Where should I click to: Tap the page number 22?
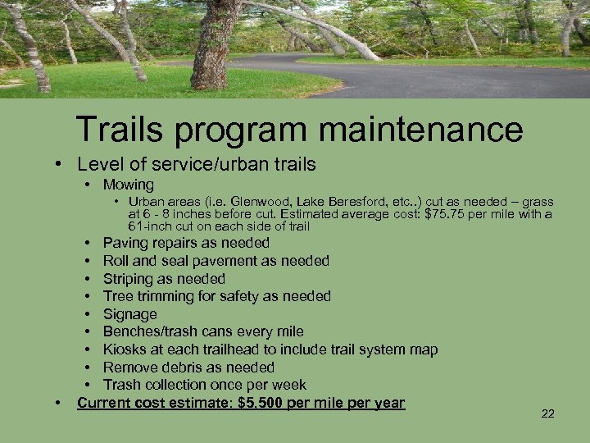548,413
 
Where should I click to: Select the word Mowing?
129,185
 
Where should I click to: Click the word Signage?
129,314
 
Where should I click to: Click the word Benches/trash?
151,331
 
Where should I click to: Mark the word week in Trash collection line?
290,385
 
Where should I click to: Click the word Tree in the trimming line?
117,296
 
